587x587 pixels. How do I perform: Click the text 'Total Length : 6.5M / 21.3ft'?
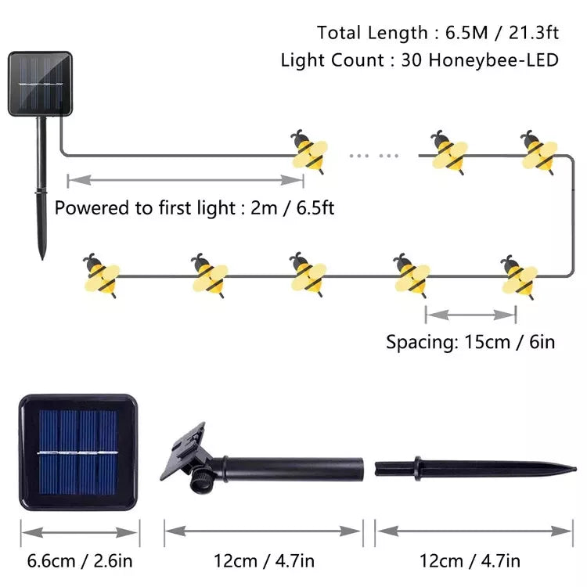(438, 33)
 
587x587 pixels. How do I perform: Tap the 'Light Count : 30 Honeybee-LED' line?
(420, 60)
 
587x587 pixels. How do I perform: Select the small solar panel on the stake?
(40, 84)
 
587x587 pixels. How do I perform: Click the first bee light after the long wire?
(308, 150)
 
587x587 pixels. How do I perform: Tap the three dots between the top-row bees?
(373, 156)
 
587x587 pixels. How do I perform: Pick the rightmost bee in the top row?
(538, 150)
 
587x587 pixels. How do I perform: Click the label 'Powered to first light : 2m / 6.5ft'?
(194, 209)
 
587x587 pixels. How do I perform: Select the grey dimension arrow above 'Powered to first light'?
(185, 180)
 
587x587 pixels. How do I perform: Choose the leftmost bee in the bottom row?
(102, 275)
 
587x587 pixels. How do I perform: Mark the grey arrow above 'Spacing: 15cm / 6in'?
(470, 315)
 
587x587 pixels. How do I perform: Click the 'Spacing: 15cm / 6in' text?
(470, 343)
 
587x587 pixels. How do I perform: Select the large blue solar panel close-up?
(77, 452)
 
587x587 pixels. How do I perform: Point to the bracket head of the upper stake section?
(185, 454)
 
